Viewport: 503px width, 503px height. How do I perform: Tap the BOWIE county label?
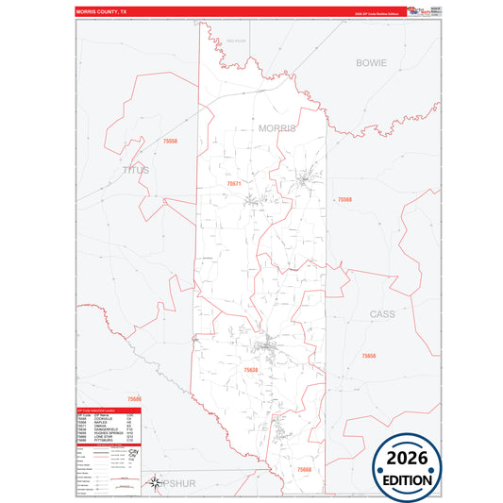(x=371, y=62)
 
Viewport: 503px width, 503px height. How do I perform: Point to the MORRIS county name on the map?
(x=277, y=127)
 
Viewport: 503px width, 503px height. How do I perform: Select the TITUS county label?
(x=136, y=170)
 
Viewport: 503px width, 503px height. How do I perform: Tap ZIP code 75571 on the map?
(x=235, y=183)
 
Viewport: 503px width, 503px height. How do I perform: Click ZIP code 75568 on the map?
(x=344, y=199)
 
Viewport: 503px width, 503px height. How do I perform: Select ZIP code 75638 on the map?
(x=251, y=371)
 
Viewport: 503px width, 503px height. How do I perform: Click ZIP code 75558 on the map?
(x=170, y=141)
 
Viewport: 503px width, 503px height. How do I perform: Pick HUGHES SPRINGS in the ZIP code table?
(x=106, y=434)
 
